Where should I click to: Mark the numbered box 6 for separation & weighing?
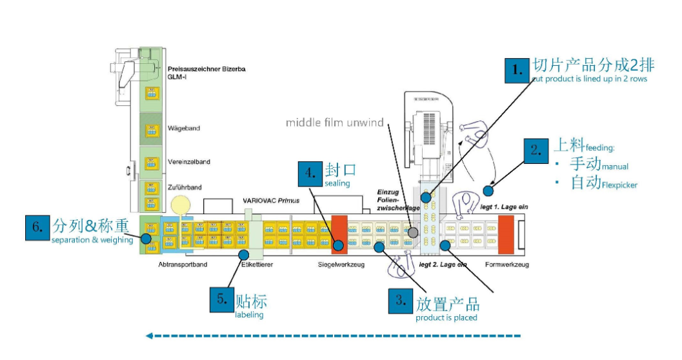37,227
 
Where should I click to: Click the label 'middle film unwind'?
335,123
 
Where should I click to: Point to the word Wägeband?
183,128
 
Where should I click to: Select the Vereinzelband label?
188,162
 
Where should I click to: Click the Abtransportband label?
182,265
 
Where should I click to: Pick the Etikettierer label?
257,265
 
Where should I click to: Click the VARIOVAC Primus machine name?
271,201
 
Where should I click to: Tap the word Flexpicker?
619,185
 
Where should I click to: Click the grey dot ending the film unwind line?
413,232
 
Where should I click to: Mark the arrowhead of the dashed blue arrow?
149,335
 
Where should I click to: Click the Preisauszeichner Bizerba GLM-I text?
206,72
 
